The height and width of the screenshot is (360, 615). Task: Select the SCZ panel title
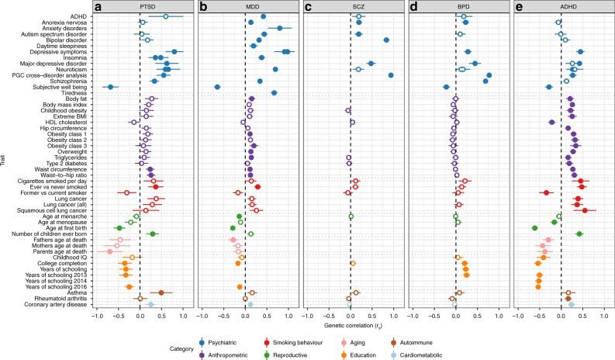pyautogui.click(x=351, y=5)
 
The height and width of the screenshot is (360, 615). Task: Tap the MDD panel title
pyautogui.click(x=245, y=5)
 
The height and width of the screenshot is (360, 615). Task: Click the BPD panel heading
pyautogui.click(x=456, y=5)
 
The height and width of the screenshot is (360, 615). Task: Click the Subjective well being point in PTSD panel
pyautogui.click(x=111, y=87)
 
